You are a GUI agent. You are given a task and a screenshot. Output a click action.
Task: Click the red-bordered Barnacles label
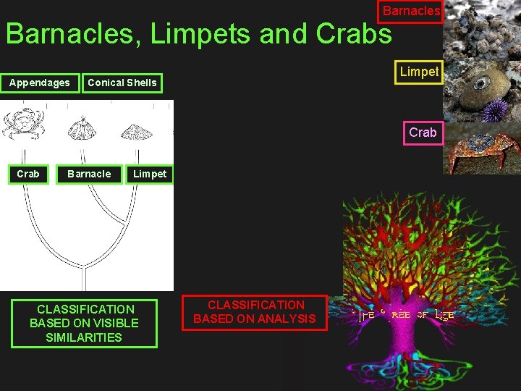pos(410,12)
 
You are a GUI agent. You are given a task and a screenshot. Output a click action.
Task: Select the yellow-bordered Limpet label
pos(419,72)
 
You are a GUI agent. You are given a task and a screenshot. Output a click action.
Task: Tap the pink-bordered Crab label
pos(423,133)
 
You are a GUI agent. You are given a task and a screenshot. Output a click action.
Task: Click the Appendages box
pos(40,83)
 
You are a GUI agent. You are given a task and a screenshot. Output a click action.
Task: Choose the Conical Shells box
pos(122,83)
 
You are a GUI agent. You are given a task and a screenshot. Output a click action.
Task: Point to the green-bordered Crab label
pos(28,174)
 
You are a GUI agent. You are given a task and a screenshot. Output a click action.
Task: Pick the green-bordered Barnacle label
pos(89,174)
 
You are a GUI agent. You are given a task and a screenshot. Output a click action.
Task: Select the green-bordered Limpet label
pos(150,174)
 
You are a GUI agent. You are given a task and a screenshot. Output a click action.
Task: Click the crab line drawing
pos(25,124)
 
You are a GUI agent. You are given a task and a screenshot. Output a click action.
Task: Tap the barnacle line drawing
pos(82,128)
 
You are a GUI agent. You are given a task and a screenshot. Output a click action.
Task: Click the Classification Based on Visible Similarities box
pos(84,323)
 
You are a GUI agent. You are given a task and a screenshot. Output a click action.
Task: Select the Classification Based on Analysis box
pos(255,312)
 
